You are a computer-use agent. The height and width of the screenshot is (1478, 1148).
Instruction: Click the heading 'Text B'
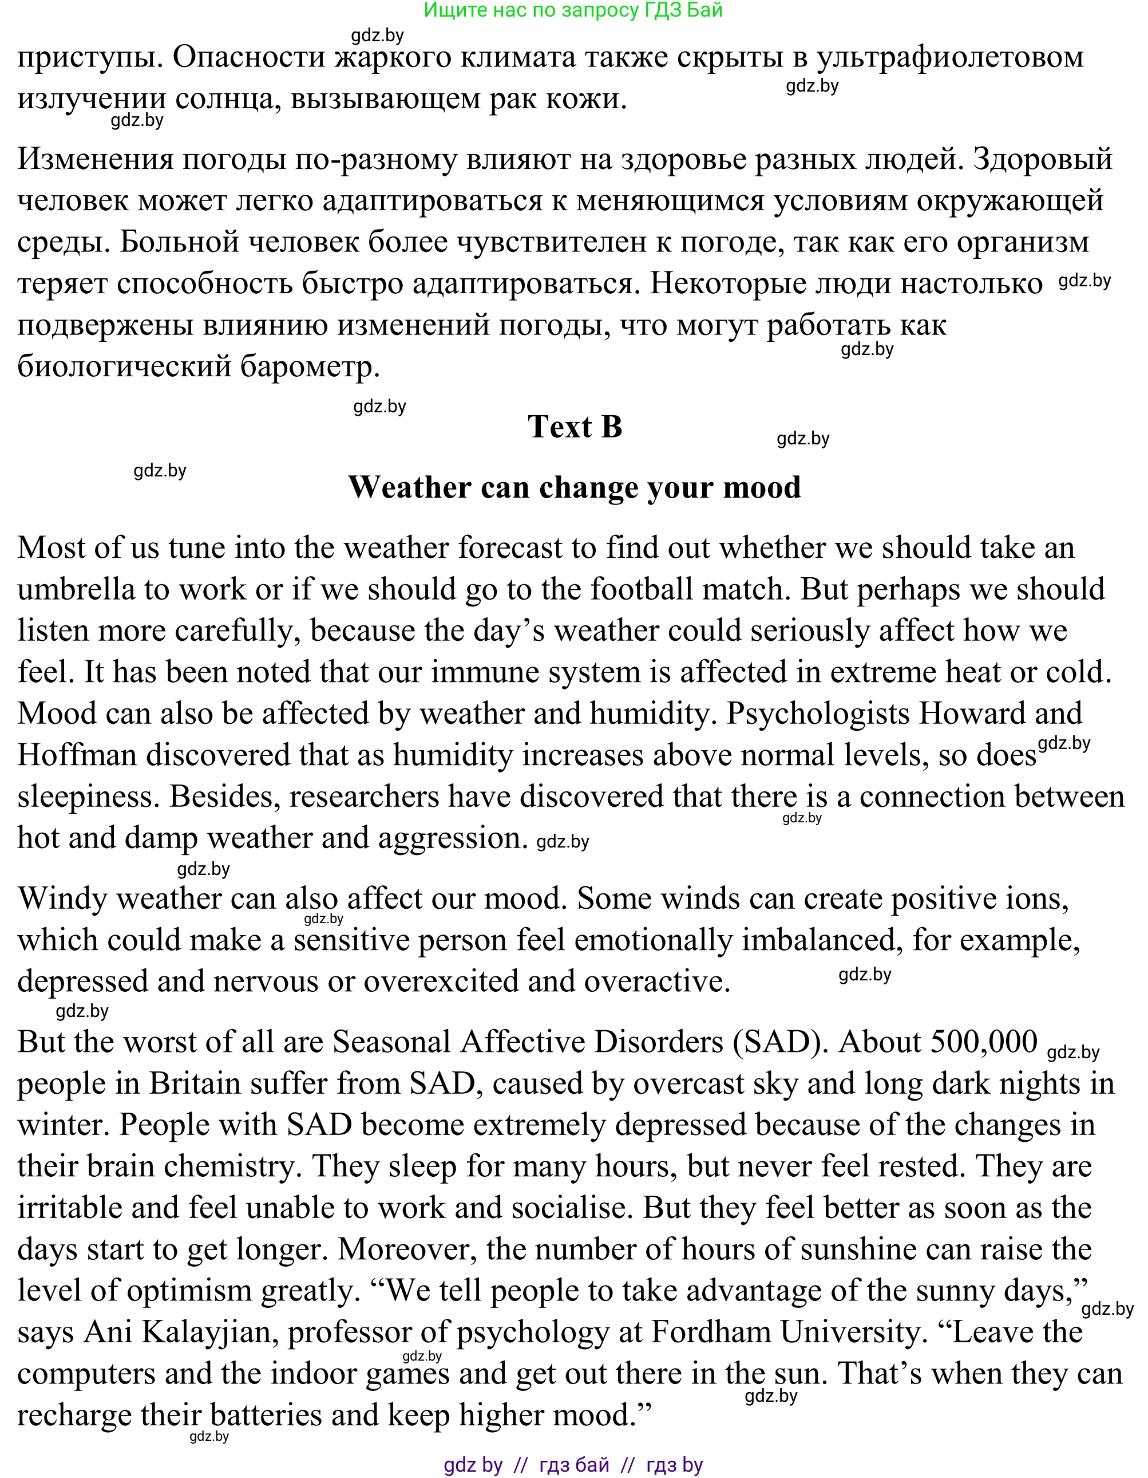click(x=575, y=427)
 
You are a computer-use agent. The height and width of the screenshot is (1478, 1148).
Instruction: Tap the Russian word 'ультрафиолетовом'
click(x=950, y=57)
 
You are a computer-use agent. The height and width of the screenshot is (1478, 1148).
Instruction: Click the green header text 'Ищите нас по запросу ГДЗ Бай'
click(x=573, y=10)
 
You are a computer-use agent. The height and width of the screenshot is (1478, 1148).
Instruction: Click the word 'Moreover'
click(x=407, y=1250)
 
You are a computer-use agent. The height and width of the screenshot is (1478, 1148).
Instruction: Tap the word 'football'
click(x=642, y=589)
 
